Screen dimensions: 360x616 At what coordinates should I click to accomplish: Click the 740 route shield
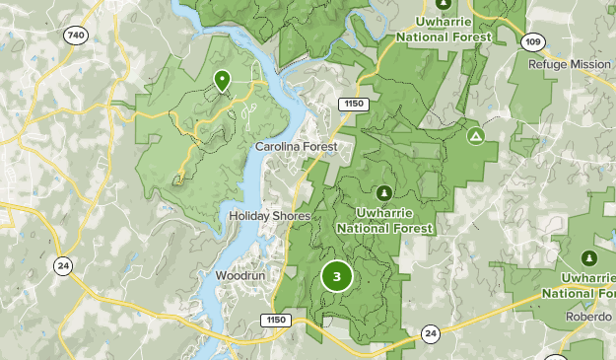tap(74, 36)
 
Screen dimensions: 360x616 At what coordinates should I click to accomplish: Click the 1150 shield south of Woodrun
tap(274, 320)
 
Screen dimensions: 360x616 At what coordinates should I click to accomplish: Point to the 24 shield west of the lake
tap(62, 265)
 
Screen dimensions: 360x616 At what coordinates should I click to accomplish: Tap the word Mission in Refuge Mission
tap(593, 63)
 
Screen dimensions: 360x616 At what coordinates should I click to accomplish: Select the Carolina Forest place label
tap(296, 147)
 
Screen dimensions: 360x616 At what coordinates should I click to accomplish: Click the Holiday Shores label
tap(269, 216)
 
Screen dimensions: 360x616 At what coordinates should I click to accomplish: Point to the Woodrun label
tap(241, 275)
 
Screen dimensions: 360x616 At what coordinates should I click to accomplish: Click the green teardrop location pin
tap(223, 80)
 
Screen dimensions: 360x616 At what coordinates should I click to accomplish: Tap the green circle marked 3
tap(336, 276)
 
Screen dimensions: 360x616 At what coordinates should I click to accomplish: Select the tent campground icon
tap(475, 136)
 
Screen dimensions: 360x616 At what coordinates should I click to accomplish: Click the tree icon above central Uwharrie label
tap(383, 192)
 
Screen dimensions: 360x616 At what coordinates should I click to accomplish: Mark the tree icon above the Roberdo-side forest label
tap(589, 258)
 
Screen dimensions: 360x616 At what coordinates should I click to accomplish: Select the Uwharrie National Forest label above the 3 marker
tap(383, 219)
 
